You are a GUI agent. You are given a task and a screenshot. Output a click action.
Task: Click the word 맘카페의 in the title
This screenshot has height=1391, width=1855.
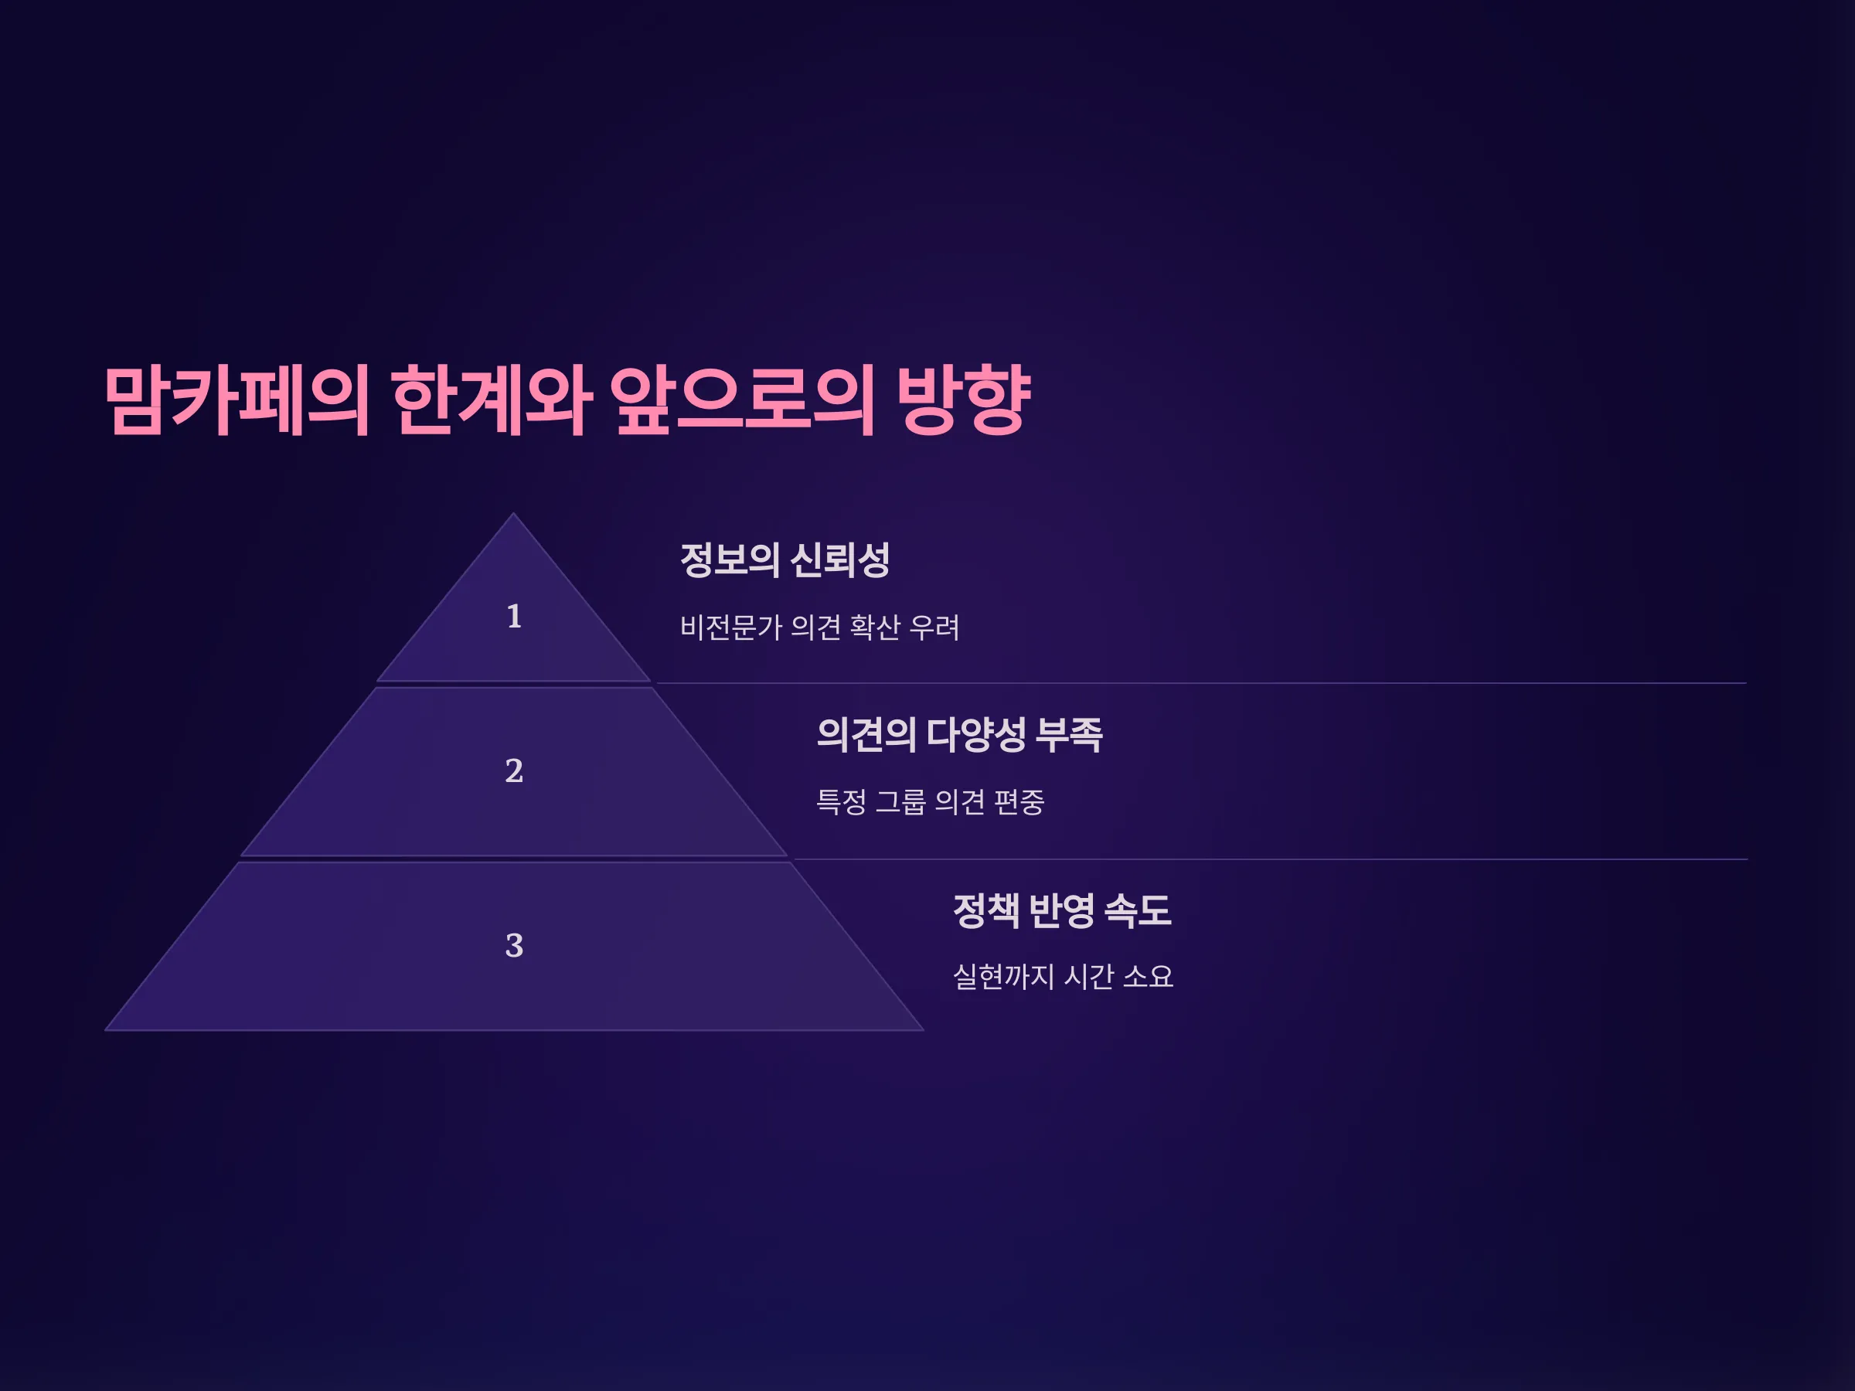pyautogui.click(x=237, y=400)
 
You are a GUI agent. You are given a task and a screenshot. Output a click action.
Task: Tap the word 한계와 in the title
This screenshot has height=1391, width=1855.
pyautogui.click(x=492, y=400)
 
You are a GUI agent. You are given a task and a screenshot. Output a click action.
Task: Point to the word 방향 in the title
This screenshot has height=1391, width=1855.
pyautogui.click(x=964, y=400)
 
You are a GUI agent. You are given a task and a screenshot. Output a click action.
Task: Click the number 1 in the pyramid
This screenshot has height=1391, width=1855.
pyautogui.click(x=514, y=616)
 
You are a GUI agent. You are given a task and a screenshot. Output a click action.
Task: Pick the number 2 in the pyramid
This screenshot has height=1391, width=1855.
pyautogui.click(x=514, y=770)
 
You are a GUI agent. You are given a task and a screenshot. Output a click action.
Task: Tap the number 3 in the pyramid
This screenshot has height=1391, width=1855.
pyautogui.click(x=514, y=946)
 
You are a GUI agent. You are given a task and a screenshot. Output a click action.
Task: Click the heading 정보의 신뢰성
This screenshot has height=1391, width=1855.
pyautogui.click(x=785, y=559)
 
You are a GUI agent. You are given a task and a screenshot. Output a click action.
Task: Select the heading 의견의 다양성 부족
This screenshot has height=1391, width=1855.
pyautogui.click(x=959, y=734)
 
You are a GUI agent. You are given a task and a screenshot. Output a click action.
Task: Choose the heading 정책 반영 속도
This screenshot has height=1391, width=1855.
pyautogui.click(x=1063, y=910)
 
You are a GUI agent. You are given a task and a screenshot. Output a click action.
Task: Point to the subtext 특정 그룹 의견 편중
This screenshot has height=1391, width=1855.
pyautogui.click(x=930, y=802)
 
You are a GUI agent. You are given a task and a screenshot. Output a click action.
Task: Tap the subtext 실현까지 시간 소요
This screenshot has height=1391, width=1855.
pyautogui.click(x=1063, y=977)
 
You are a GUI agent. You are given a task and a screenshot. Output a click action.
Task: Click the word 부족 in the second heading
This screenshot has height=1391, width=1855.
pyautogui.click(x=1069, y=734)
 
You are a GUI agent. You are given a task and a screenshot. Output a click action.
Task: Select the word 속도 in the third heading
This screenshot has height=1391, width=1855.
pyautogui.click(x=1138, y=910)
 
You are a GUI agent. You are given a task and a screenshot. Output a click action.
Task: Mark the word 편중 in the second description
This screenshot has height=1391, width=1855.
pyautogui.click(x=1019, y=802)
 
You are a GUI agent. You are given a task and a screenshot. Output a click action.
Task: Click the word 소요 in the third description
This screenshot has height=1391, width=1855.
pyautogui.click(x=1147, y=977)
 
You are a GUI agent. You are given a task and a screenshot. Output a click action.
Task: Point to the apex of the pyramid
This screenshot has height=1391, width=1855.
pyautogui.click(x=513, y=513)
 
